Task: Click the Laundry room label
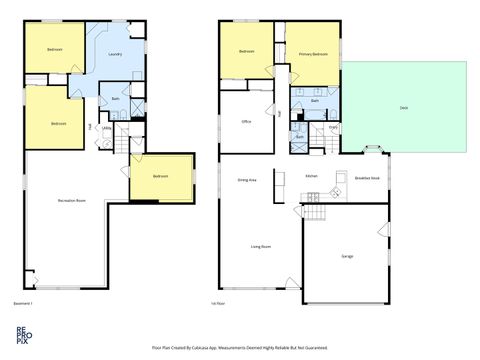coord(114,55)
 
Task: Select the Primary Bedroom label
coord(313,54)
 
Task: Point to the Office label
coord(246,122)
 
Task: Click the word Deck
coord(403,107)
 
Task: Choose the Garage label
coord(347,256)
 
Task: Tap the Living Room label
coord(263,245)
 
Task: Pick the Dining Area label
coord(248,180)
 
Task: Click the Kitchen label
coord(311,176)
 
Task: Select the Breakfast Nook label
coord(368,177)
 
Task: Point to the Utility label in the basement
coord(106,128)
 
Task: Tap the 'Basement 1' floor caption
coord(23,303)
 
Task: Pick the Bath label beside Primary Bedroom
coord(315,101)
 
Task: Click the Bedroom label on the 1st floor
coord(248,52)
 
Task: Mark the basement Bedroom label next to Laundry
coord(54,49)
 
